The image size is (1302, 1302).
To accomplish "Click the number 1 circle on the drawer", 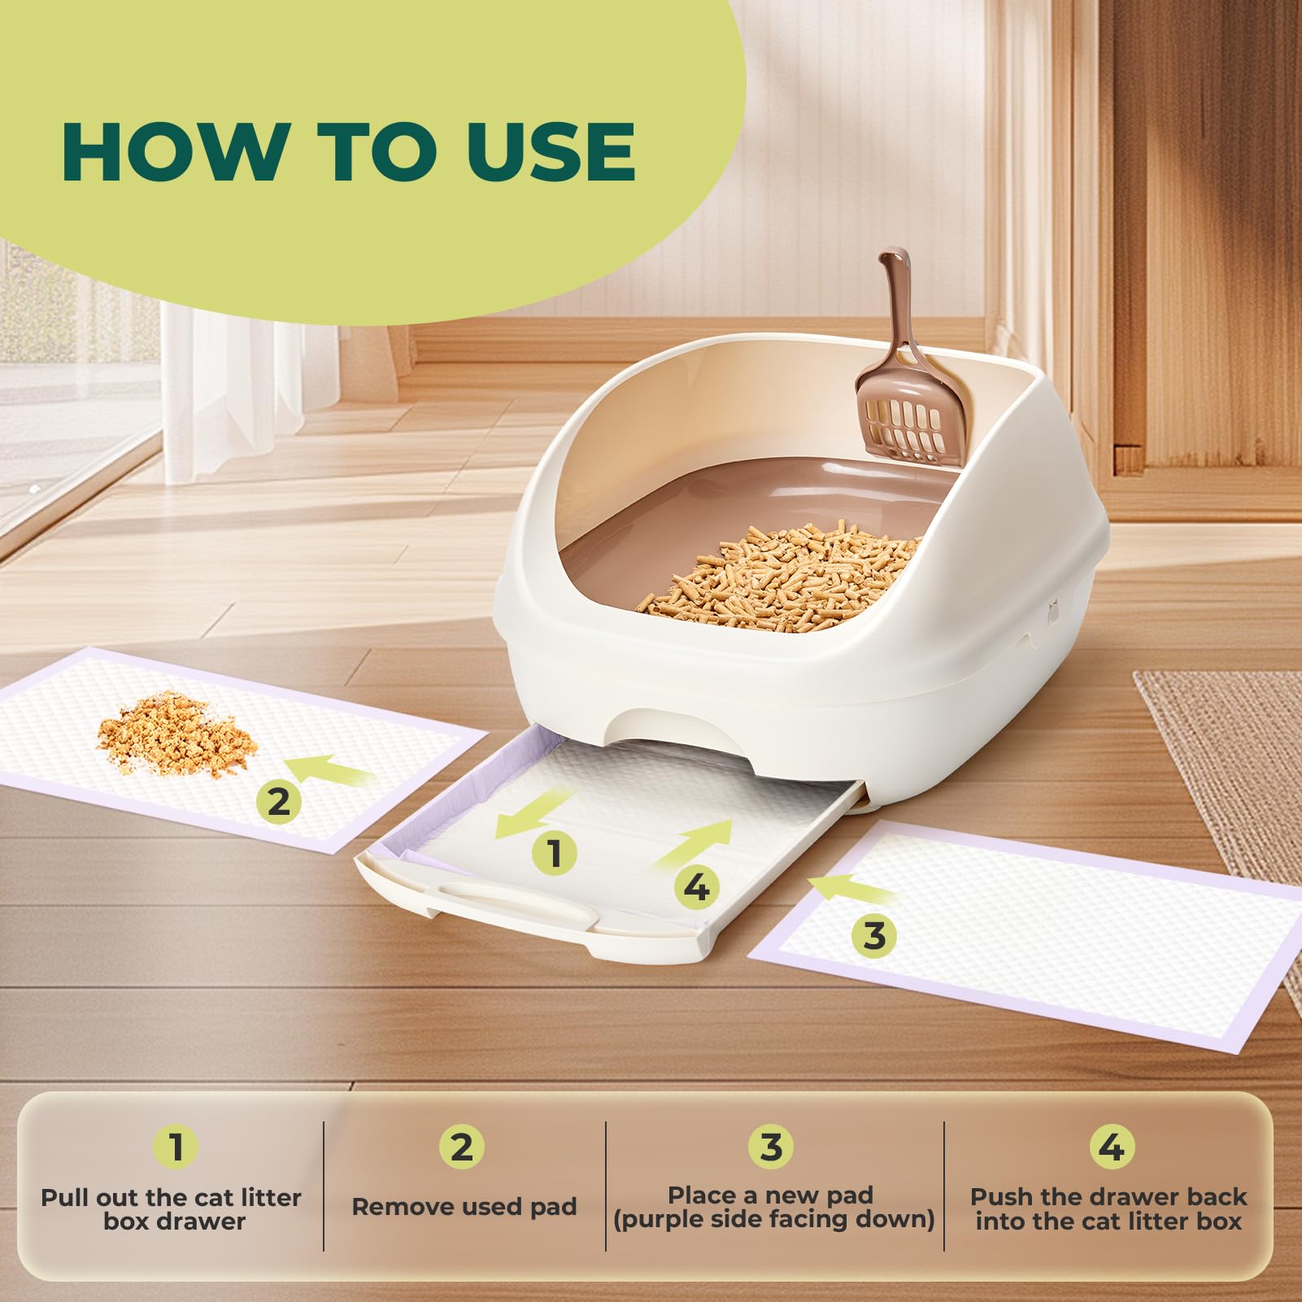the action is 555,854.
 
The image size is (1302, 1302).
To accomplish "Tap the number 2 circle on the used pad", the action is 278,802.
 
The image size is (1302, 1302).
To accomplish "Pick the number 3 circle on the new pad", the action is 874,935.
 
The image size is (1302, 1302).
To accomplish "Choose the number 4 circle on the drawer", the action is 696,887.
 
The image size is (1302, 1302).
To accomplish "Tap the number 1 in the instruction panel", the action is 176,1147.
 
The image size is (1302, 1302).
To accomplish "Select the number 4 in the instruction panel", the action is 1111,1147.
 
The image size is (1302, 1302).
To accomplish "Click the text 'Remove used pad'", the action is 464,1207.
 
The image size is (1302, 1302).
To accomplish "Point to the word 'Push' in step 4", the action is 1002,1197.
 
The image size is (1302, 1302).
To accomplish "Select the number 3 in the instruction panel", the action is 771,1147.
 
